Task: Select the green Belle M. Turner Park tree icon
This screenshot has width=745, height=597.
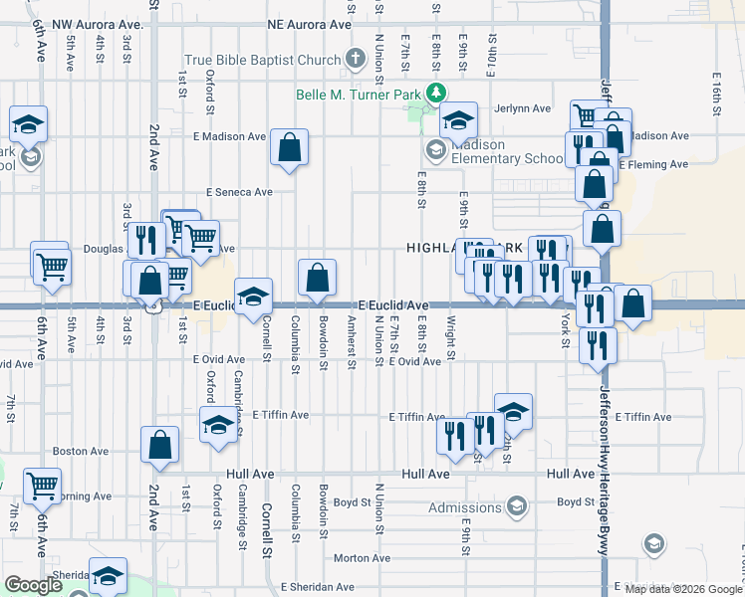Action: pos(435,94)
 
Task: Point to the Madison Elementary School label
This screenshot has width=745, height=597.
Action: pos(507,151)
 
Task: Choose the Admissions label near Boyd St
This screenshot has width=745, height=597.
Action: pos(464,508)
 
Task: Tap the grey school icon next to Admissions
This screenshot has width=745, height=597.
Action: pos(516,508)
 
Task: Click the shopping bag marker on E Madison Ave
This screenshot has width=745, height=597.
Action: pos(289,147)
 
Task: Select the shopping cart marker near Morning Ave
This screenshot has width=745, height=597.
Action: pos(42,486)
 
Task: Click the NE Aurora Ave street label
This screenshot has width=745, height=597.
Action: pos(310,24)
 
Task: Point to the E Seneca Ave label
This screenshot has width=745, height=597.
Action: pos(239,192)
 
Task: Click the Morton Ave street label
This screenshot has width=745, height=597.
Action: pos(354,558)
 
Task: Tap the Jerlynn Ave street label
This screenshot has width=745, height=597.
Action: pos(526,108)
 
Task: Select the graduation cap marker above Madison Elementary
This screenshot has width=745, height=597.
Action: pos(458,120)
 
